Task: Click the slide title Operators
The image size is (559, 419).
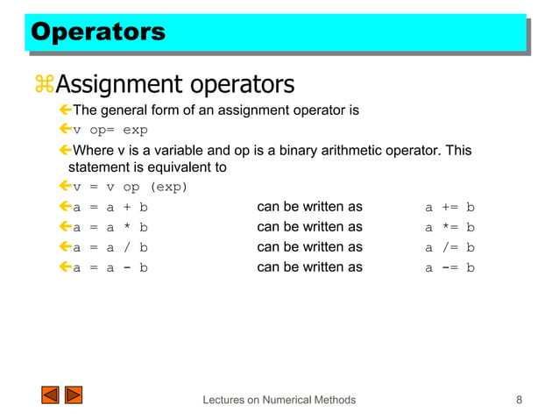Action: tap(97, 32)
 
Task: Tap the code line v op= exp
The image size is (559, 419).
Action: tap(110, 131)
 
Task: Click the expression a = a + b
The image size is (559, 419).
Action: tap(110, 208)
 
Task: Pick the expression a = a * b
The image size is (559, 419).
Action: tap(110, 227)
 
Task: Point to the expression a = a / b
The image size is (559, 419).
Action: tap(110, 247)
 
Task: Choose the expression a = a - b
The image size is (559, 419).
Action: tap(110, 267)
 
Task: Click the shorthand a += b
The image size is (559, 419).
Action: tap(449, 208)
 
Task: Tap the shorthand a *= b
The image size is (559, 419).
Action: tap(449, 227)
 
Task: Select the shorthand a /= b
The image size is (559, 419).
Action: tap(449, 247)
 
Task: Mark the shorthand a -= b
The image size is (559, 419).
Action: tap(449, 267)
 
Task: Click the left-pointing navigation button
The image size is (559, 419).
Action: tap(50, 395)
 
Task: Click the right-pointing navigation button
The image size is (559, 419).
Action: tap(74, 395)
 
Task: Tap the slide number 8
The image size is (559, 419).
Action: tap(520, 401)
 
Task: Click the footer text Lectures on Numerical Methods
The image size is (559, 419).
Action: tap(279, 401)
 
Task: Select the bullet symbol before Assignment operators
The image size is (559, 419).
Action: tap(43, 85)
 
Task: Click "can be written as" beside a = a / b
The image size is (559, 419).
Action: tap(309, 247)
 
